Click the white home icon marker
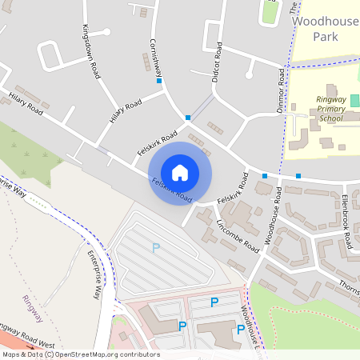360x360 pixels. (180, 172)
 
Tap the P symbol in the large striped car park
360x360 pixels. (156, 248)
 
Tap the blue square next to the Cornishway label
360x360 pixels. (159, 81)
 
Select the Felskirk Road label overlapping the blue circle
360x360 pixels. (171, 190)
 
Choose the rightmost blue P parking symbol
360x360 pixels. (240, 329)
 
